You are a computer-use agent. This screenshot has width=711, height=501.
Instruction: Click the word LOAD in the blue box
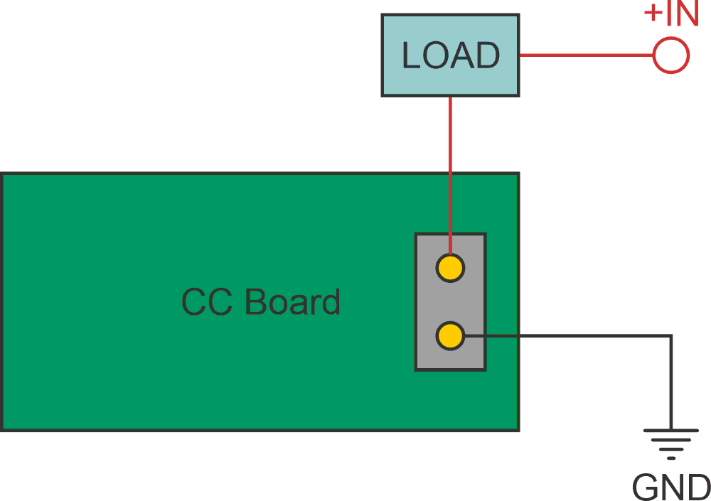(x=451, y=55)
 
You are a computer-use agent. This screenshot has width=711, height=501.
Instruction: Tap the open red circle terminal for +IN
(x=670, y=55)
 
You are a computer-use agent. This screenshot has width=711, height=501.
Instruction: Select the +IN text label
(x=671, y=14)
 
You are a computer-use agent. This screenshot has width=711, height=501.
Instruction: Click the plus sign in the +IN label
(x=653, y=15)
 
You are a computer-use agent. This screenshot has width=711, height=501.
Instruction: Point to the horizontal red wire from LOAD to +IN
(x=587, y=55)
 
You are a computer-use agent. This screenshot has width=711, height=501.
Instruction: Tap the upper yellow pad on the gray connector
(x=450, y=268)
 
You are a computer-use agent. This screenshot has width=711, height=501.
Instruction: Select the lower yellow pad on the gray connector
(x=450, y=335)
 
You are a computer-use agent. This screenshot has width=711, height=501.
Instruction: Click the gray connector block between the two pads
(x=450, y=302)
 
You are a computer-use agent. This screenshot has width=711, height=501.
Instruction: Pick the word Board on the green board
(x=292, y=302)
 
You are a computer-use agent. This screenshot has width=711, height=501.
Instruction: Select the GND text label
(x=671, y=487)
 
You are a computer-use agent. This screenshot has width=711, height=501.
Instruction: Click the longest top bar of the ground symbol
(x=671, y=430)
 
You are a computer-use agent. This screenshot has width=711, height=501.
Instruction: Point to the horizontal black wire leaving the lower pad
(x=569, y=335)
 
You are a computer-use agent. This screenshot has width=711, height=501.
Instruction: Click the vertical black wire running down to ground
(x=671, y=384)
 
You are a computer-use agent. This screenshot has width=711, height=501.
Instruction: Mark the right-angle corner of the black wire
(x=671, y=335)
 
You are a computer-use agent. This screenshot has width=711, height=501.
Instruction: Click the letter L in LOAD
(x=411, y=55)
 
